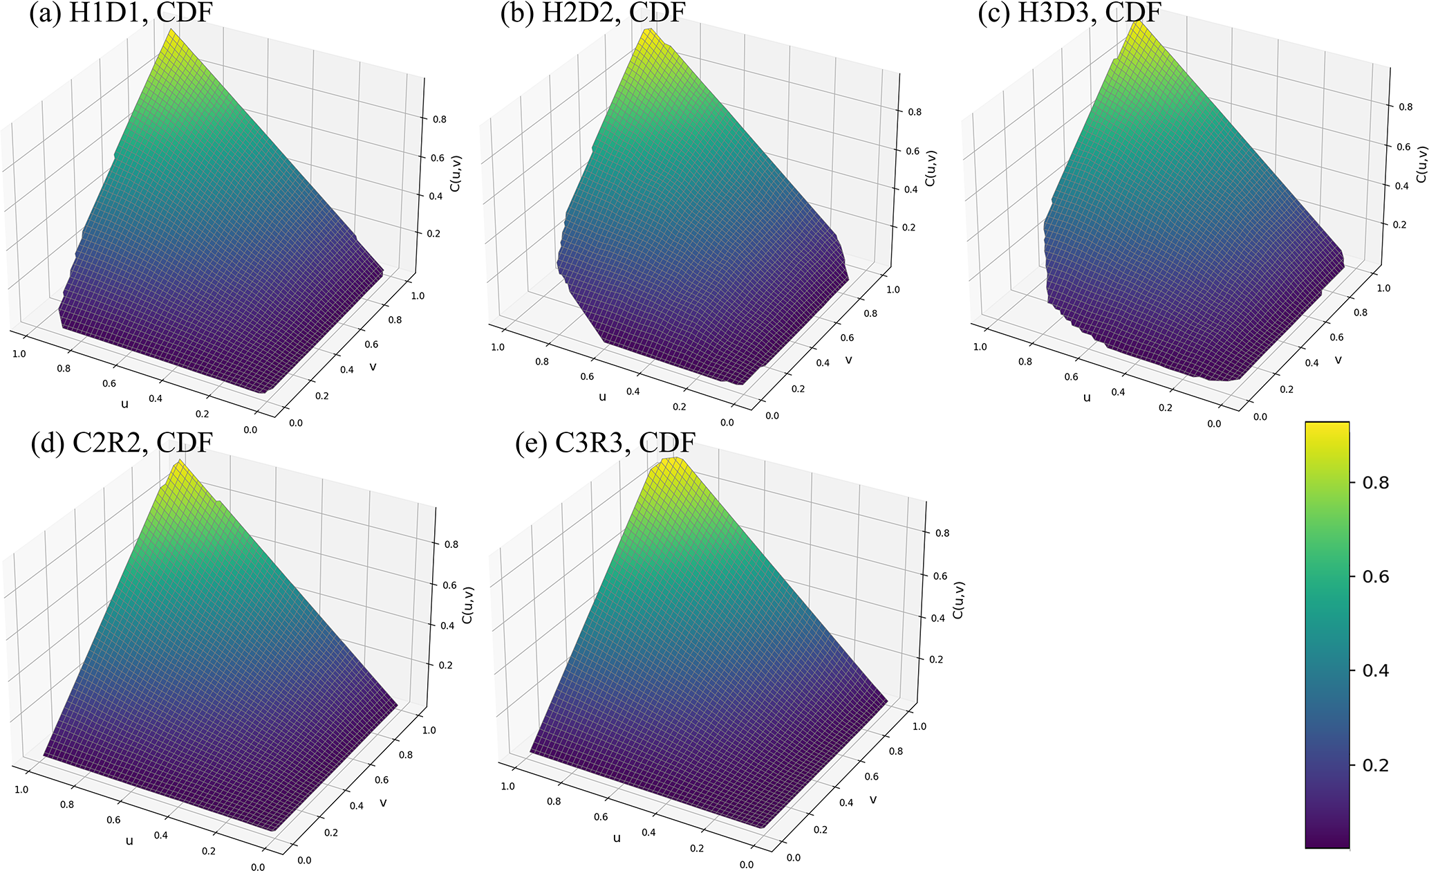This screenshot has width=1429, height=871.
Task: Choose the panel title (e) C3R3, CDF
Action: pyautogui.click(x=605, y=443)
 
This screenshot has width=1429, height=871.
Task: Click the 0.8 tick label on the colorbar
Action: pyautogui.click(x=1375, y=483)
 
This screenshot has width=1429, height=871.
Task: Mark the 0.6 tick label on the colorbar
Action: pyautogui.click(x=1375, y=577)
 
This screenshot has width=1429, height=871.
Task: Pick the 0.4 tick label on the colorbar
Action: pyautogui.click(x=1375, y=671)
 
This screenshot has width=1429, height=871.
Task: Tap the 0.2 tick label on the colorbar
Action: pyautogui.click(x=1375, y=766)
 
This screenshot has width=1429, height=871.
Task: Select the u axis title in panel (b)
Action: pyautogui.click(x=602, y=396)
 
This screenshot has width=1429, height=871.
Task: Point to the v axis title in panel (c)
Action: pyautogui.click(x=1338, y=359)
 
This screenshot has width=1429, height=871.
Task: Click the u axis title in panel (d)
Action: pyautogui.click(x=129, y=841)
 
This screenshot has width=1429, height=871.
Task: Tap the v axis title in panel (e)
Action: pyautogui.click(x=873, y=799)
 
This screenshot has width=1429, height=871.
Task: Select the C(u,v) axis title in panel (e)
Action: pyautogui.click(x=958, y=600)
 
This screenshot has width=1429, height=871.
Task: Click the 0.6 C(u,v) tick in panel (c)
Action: pyautogui.click(x=1403, y=147)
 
